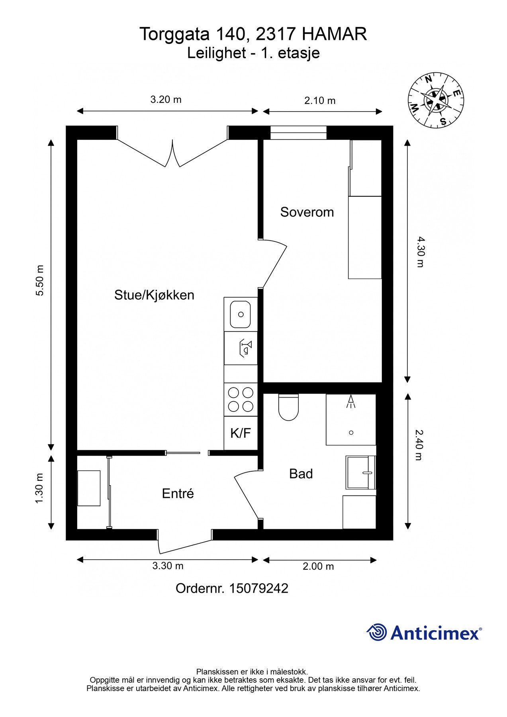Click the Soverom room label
click(x=307, y=212)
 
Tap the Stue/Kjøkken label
click(x=154, y=295)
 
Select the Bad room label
click(x=301, y=474)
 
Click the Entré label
click(x=178, y=494)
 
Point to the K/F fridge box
click(x=241, y=433)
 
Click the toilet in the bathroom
click(x=289, y=408)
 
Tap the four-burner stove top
click(x=241, y=400)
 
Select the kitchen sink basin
click(x=240, y=314)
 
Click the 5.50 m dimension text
click(x=39, y=280)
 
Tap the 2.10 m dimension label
click(x=320, y=101)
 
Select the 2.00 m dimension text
click(x=318, y=566)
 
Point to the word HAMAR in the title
click(x=334, y=35)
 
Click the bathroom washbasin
click(x=360, y=473)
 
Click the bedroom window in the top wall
click(x=298, y=133)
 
